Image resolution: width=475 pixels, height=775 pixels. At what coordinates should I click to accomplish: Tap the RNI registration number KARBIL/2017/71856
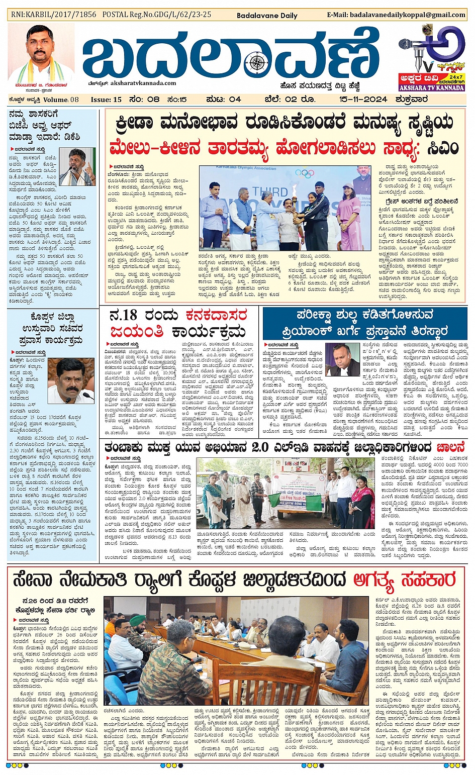pyautogui.click(x=54, y=15)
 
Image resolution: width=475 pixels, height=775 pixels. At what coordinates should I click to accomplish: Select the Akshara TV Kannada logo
pyautogui.click(x=432, y=58)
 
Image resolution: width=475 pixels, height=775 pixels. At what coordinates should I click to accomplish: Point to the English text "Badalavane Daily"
pyautogui.click(x=267, y=16)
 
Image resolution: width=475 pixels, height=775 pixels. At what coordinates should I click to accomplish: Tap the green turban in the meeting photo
pyautogui.click(x=137, y=620)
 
